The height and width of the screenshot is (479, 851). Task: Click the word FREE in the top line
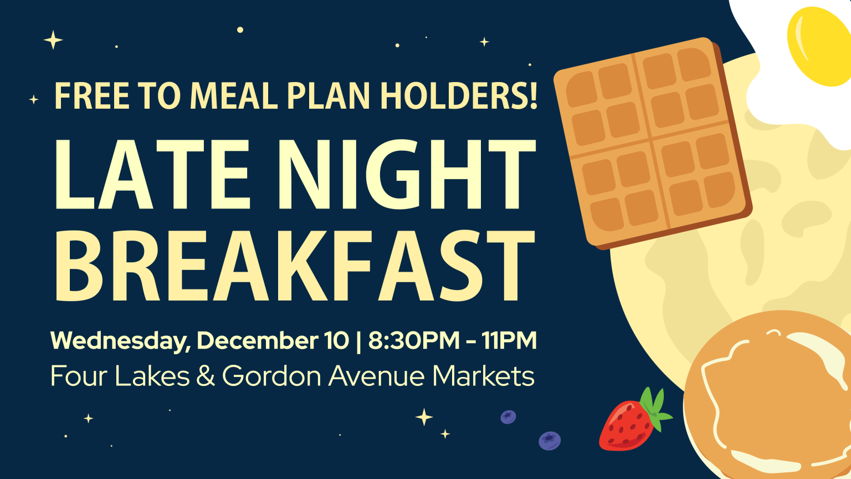(x=92, y=96)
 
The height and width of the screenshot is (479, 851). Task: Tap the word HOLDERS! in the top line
(x=459, y=96)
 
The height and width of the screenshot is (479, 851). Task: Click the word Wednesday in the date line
(x=120, y=340)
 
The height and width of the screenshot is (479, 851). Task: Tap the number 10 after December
(x=336, y=340)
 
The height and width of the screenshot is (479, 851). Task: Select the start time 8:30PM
(x=413, y=340)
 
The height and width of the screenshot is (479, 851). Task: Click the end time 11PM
(x=509, y=340)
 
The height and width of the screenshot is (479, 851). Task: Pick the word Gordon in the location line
(x=271, y=376)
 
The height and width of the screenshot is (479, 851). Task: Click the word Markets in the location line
(x=483, y=376)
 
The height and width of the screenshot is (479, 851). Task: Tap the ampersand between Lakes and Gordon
(x=206, y=376)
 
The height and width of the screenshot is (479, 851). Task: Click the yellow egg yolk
(x=818, y=47)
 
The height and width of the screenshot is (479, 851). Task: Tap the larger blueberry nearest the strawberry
(x=550, y=441)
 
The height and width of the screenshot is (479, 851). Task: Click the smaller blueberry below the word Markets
(x=508, y=417)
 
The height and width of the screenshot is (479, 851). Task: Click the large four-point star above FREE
(x=53, y=40)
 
